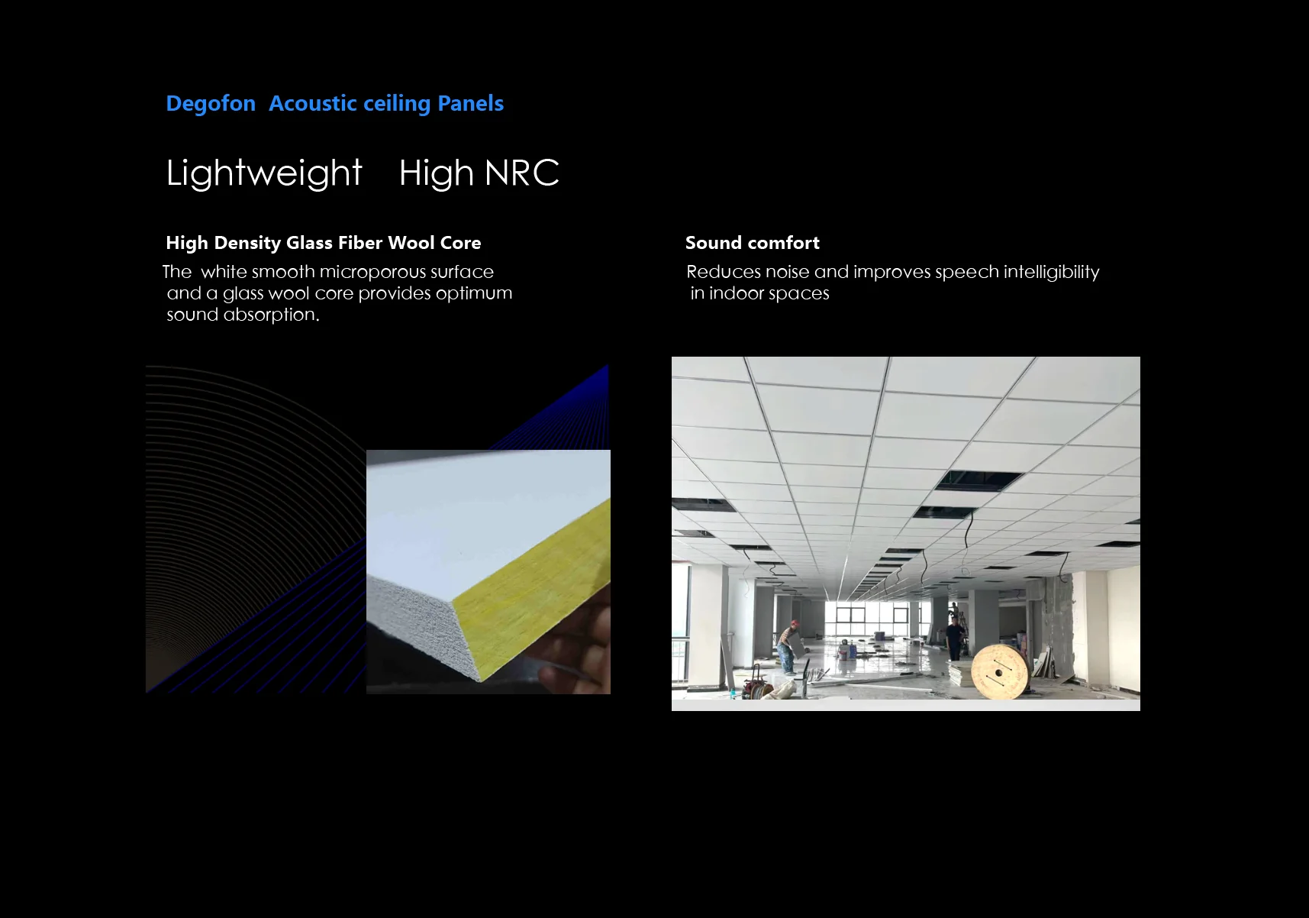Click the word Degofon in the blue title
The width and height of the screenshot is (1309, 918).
click(x=211, y=104)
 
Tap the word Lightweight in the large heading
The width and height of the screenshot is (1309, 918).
click(x=264, y=173)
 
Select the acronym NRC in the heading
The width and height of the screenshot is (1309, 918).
click(x=522, y=173)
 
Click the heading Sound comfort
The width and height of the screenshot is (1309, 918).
click(x=753, y=243)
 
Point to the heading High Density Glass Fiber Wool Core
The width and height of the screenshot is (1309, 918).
click(x=324, y=243)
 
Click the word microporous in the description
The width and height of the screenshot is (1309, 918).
click(x=372, y=272)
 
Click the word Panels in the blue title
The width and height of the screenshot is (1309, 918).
click(x=470, y=104)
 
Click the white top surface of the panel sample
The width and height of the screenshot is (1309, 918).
click(x=473, y=519)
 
